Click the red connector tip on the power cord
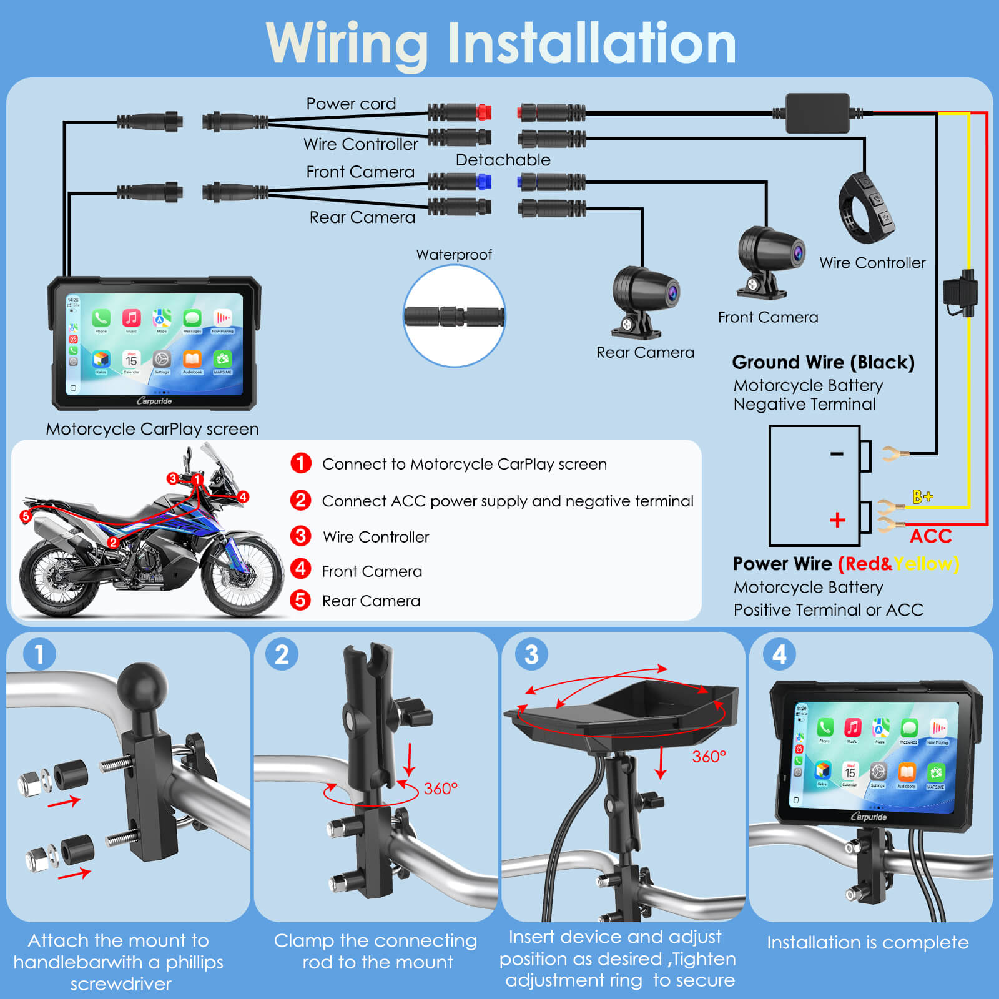click(484, 113)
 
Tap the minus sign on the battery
click(837, 454)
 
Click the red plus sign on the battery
click(837, 520)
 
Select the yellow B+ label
click(922, 496)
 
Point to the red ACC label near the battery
click(930, 536)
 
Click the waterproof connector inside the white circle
click(454, 316)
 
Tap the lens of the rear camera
click(672, 292)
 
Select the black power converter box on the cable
click(817, 113)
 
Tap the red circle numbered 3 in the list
click(300, 536)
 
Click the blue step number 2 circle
click(282, 655)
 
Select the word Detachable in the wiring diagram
click(503, 160)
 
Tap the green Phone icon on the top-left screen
click(101, 318)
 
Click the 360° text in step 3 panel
click(709, 757)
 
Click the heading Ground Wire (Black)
click(823, 362)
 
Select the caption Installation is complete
click(867, 942)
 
